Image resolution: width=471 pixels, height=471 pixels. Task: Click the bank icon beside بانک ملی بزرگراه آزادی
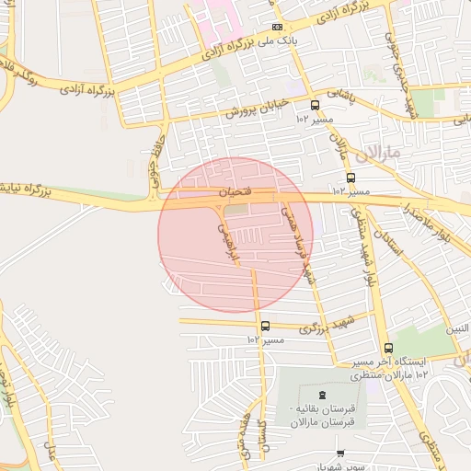pyautogui.click(x=278, y=28)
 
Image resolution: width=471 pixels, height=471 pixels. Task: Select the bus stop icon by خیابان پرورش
pyautogui.click(x=316, y=106)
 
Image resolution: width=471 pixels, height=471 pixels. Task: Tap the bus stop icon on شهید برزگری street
pyautogui.click(x=265, y=326)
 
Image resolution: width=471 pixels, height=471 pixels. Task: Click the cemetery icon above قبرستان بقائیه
pyautogui.click(x=322, y=395)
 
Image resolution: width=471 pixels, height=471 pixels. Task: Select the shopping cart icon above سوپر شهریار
pyautogui.click(x=340, y=454)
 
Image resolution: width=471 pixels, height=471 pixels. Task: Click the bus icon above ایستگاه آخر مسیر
pyautogui.click(x=388, y=349)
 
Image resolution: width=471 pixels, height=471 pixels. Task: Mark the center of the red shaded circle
pyautogui.click(x=235, y=235)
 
